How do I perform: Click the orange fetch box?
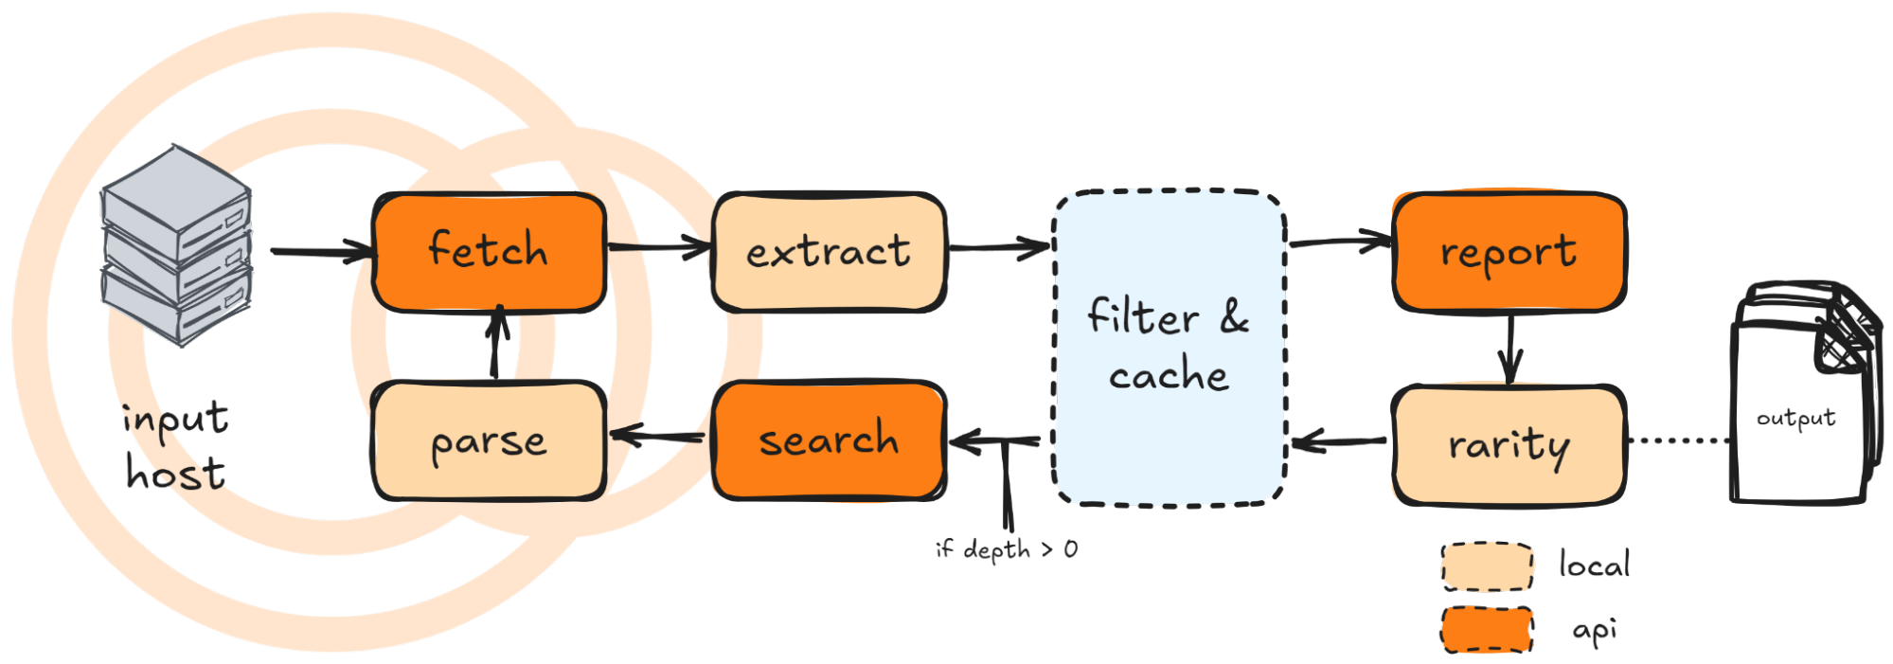click(489, 251)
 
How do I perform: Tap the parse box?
click(489, 441)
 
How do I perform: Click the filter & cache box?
click(1170, 347)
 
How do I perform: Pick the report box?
click(1509, 252)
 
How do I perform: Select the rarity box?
click(1509, 443)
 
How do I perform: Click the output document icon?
click(1797, 398)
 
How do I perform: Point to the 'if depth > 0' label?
click(1006, 550)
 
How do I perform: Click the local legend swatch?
click(1487, 566)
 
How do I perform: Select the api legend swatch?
click(1487, 629)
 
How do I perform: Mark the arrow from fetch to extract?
click(658, 248)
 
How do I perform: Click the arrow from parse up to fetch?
click(501, 346)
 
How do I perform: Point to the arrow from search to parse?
click(658, 437)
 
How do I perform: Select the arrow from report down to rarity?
click(1509, 348)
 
